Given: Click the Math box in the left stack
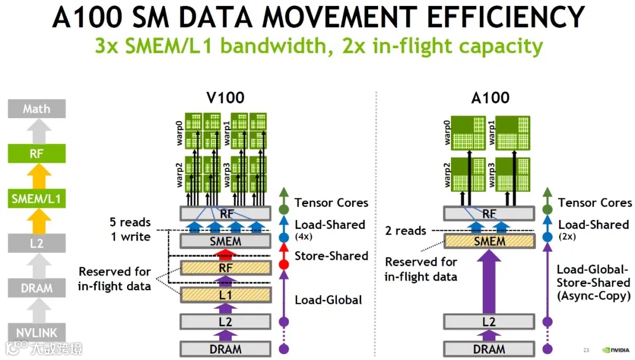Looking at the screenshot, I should pos(36,109).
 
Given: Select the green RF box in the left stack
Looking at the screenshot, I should pos(36,154).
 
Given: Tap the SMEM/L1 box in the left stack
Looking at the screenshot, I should pos(36,199).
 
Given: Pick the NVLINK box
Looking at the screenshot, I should pos(36,332).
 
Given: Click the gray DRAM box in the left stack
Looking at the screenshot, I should pos(36,288).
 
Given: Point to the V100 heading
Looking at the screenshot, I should pos(225,97).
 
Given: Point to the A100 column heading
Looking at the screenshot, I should pos(490,97).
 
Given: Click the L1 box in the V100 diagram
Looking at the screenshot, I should pos(225,295).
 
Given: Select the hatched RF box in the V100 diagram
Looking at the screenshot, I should pos(225,268).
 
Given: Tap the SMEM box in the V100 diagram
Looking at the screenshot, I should pos(225,241).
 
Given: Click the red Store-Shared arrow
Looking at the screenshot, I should pos(225,254).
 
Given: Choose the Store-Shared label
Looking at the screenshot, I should pos(331,256).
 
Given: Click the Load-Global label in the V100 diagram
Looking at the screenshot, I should pos(328,300).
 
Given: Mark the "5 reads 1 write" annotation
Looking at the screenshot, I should pos(130,229).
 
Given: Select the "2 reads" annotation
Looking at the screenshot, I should pos(406,231).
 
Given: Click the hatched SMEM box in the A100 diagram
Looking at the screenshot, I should pos(489,241).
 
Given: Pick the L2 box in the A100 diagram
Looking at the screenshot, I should pos(489,322).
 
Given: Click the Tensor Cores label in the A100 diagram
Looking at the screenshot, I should pos(594,203).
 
